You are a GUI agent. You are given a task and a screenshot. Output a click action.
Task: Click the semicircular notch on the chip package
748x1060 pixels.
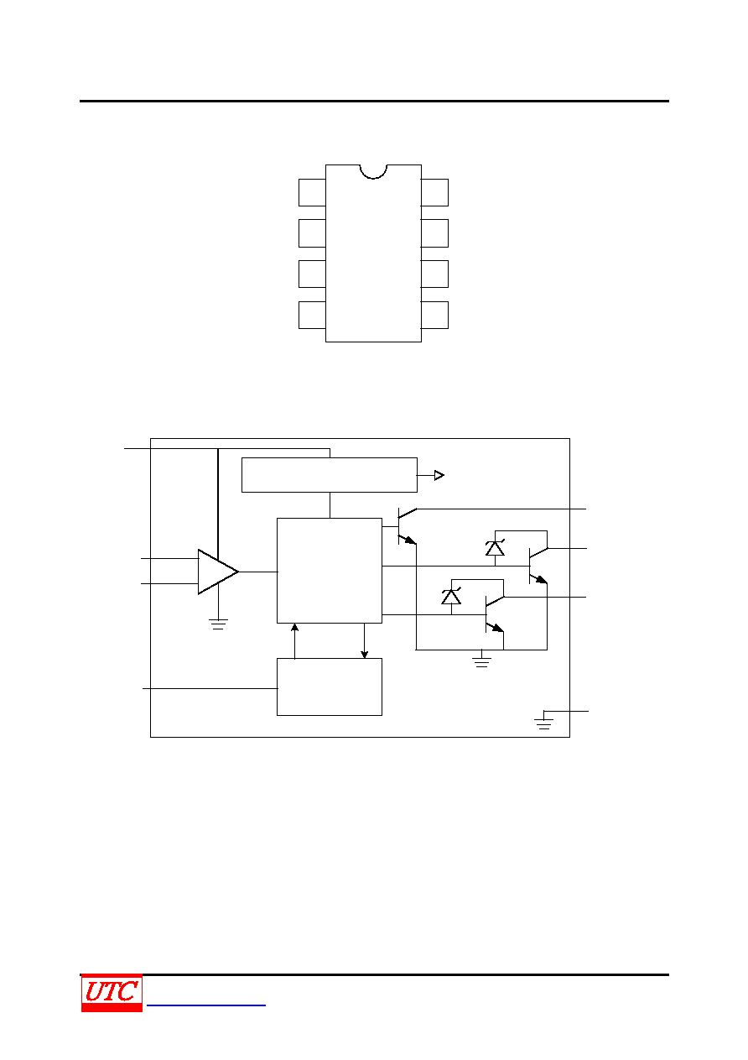[373, 172]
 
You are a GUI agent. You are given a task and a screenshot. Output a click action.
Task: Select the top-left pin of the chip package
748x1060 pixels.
[312, 192]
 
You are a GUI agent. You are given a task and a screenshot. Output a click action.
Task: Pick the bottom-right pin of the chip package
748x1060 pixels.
[434, 316]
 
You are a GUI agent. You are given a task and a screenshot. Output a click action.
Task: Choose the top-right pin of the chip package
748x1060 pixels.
[434, 192]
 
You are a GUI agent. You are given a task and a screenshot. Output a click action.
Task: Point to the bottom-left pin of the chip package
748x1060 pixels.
[312, 316]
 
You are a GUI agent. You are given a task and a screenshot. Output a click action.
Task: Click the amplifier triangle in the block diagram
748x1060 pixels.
[217, 572]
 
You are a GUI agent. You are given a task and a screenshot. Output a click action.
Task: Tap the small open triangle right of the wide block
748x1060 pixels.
[439, 475]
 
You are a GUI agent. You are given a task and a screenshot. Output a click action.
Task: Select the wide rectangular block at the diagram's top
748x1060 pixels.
[329, 475]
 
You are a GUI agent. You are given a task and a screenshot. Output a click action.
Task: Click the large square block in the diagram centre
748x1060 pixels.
[329, 571]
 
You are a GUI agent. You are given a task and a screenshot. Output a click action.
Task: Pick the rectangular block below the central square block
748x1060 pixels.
[329, 687]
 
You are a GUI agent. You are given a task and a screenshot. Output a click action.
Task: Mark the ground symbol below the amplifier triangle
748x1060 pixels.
[218, 624]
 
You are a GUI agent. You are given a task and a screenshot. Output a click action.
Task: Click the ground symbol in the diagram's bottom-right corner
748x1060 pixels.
[543, 724]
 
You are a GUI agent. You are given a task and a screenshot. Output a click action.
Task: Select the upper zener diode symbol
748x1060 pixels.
[495, 548]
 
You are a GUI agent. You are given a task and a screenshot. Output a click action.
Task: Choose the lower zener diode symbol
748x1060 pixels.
[451, 596]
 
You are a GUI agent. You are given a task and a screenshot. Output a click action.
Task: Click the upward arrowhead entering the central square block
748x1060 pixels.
[294, 628]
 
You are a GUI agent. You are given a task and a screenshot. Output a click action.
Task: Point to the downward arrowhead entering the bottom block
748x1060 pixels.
[364, 655]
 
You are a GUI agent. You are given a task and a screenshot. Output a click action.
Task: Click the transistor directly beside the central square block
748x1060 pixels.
[406, 526]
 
